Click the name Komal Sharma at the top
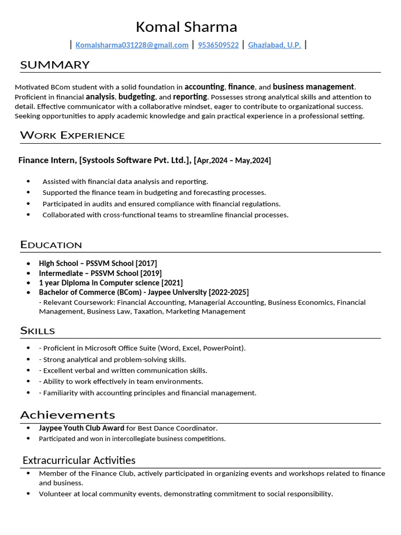186,27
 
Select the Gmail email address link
132,45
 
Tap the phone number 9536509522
218,45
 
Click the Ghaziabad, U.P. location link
275,45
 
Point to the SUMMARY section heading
55,65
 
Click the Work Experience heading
73,136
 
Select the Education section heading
51,245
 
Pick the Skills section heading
38,331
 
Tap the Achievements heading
67,415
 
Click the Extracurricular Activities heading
79,460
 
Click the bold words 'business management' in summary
313,87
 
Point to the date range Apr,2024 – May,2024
233,160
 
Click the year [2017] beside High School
146,263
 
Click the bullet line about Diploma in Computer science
111,283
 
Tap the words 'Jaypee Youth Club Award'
81,428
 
